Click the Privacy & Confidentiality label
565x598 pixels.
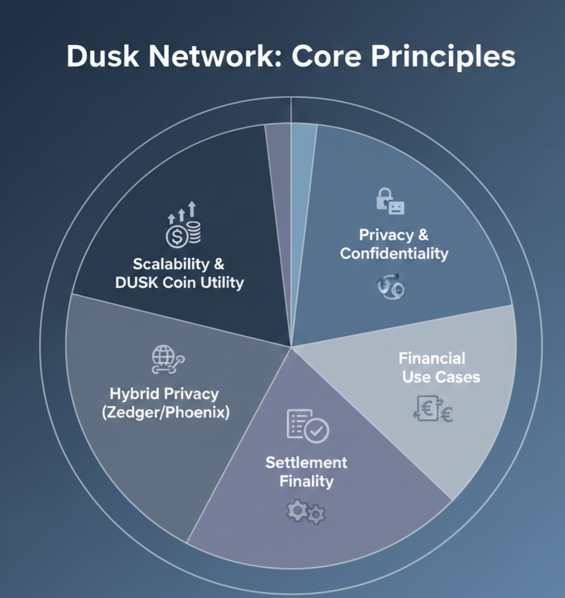(394, 244)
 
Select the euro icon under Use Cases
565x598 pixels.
(433, 410)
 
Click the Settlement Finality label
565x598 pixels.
(307, 472)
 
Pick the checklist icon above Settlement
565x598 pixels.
(307, 425)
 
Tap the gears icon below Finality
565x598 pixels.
(305, 512)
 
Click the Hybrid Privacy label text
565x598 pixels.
(164, 394)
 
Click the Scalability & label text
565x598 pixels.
(179, 264)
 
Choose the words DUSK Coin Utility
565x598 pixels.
(179, 283)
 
